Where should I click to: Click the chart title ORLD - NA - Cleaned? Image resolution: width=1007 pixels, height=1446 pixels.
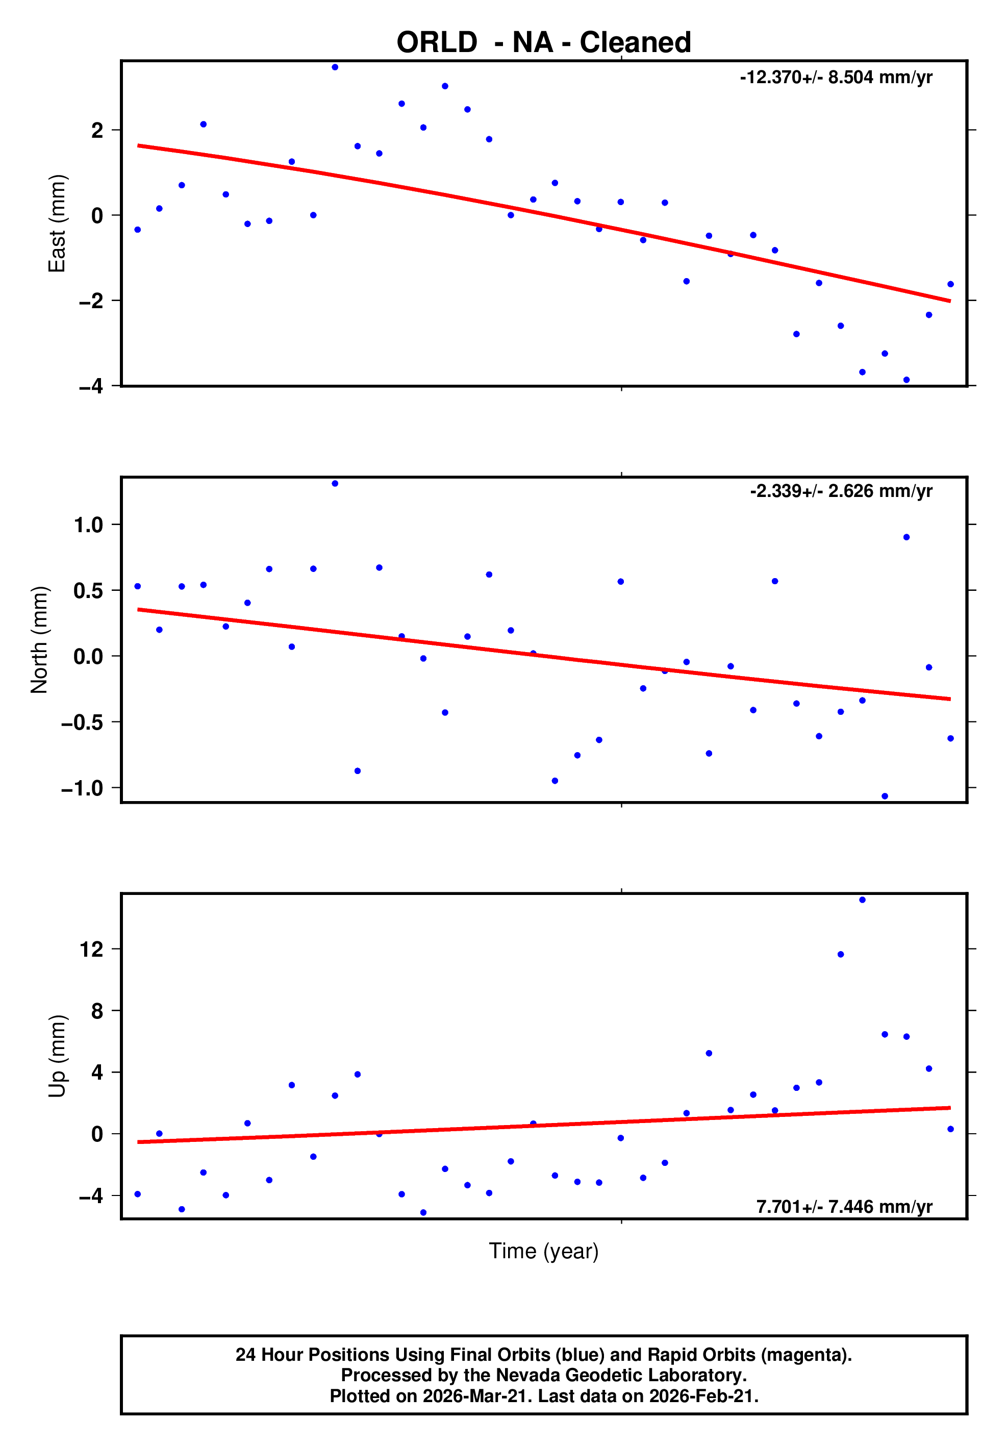coord(543,43)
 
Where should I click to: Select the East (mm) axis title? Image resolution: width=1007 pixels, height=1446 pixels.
coord(57,223)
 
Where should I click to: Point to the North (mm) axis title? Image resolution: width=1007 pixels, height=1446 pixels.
coord(39,639)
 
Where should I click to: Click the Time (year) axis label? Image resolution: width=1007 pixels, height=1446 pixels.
coord(543,1251)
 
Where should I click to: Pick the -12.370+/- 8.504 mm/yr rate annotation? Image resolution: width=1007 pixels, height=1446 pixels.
coord(835,78)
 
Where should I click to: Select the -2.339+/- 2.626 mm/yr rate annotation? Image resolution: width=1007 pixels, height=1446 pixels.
coord(840,491)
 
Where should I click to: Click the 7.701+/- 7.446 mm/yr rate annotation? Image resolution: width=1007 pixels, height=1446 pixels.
coord(843,1207)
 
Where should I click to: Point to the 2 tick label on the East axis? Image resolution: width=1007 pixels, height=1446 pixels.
coord(97,131)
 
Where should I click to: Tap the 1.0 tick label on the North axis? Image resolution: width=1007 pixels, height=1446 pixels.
coord(88,525)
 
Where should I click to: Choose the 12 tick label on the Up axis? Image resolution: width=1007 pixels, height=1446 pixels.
coord(92,949)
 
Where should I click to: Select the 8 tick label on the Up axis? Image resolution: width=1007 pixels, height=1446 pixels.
coord(97,1011)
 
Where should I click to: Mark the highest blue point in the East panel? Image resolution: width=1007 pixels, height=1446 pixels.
coord(335,67)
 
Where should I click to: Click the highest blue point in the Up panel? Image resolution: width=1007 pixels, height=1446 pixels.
coord(862,900)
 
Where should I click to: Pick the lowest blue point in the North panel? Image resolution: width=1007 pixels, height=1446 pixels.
coord(884,796)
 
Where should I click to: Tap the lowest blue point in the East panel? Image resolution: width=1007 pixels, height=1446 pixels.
coord(906,380)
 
